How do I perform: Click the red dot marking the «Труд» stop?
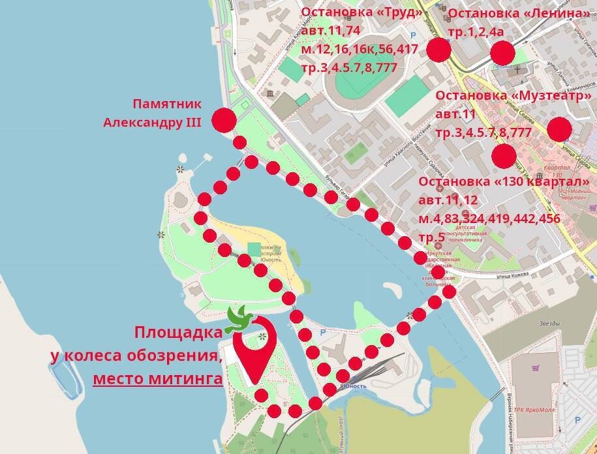tap(438, 49)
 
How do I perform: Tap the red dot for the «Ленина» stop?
tap(503, 52)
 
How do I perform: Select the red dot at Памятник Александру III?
tap(224, 120)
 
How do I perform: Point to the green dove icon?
tap(241, 318)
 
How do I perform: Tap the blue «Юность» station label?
tap(353, 386)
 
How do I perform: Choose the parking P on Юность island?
tap(322, 333)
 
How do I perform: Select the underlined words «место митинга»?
tap(157, 378)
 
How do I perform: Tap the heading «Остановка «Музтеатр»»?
tap(513, 97)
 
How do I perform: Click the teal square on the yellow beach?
tap(254, 249)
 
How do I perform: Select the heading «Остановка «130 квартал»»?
tap(504, 181)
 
